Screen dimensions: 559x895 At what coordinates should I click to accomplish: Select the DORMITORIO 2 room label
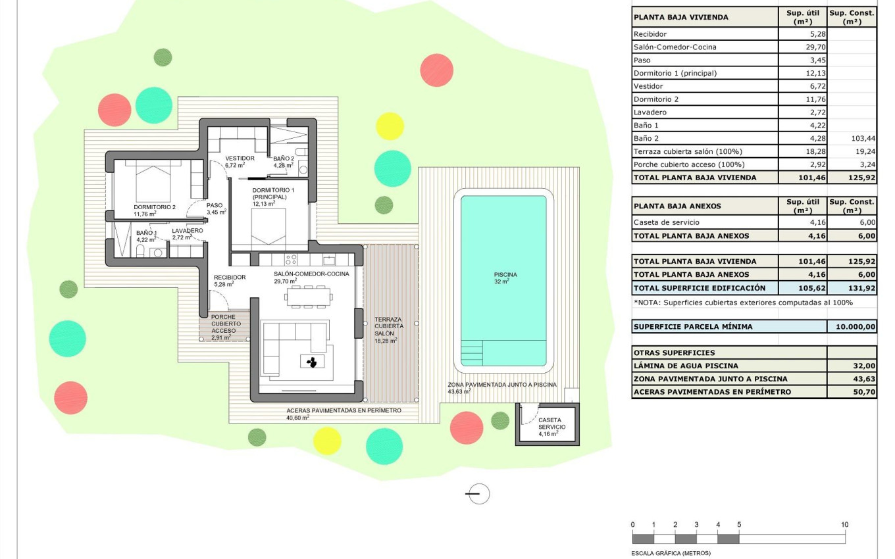(x=155, y=210)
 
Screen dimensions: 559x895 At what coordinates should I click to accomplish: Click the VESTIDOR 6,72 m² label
(x=239, y=162)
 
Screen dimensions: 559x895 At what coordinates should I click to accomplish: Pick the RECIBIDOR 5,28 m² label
(x=230, y=281)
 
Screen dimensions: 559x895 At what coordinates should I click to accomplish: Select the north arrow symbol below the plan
(x=478, y=493)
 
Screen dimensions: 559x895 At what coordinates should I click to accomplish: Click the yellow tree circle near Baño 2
(x=390, y=126)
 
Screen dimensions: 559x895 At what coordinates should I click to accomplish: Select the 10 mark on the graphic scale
(x=844, y=525)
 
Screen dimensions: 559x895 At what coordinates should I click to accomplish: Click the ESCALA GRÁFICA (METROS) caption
(x=671, y=553)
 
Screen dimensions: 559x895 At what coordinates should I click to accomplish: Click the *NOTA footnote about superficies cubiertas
(x=743, y=303)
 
